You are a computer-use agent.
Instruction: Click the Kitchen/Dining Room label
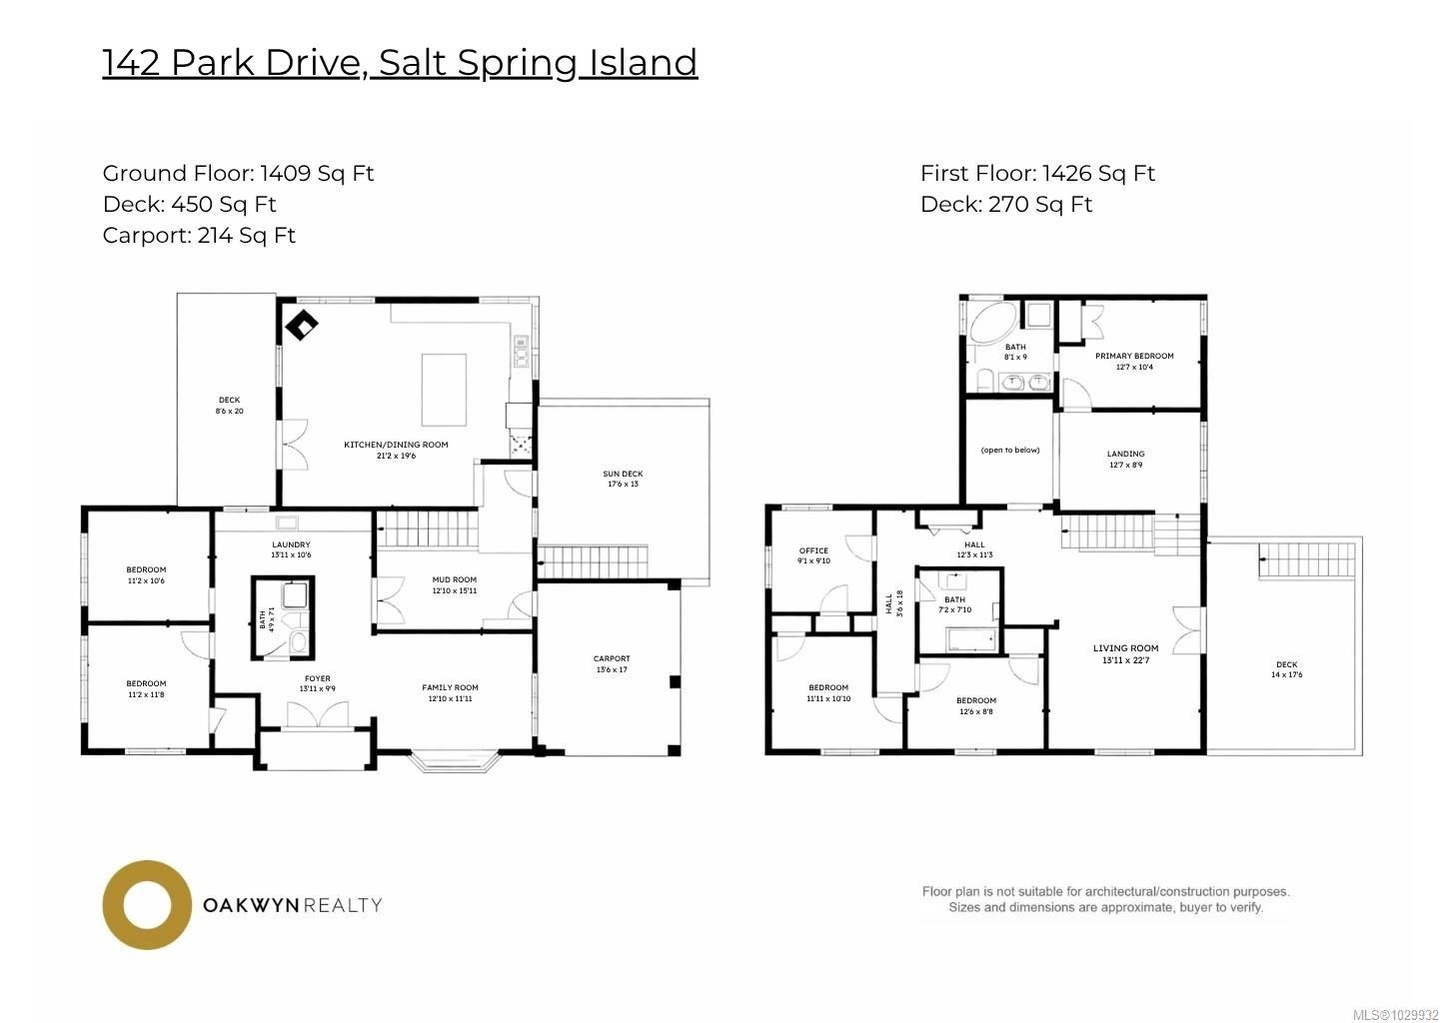396,445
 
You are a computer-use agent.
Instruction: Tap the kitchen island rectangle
444,390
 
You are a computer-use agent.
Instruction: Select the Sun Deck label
623,475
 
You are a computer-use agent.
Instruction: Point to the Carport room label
612,659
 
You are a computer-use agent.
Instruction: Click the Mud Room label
455,580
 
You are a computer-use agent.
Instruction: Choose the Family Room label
450,688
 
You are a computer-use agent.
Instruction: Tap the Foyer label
318,679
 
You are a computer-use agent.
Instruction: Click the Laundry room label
291,545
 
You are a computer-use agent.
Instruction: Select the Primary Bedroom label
1134,357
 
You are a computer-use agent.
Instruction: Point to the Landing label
1126,455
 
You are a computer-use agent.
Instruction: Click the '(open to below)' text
1010,451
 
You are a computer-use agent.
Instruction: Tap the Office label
813,551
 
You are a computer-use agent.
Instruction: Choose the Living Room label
1125,649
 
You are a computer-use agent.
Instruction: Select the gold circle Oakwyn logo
147,905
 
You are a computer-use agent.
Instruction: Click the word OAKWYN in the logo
251,905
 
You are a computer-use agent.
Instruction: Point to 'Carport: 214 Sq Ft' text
199,236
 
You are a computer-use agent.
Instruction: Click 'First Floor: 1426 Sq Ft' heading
1037,174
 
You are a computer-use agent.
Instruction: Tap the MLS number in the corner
1395,1015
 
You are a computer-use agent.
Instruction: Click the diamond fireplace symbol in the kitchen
301,326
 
